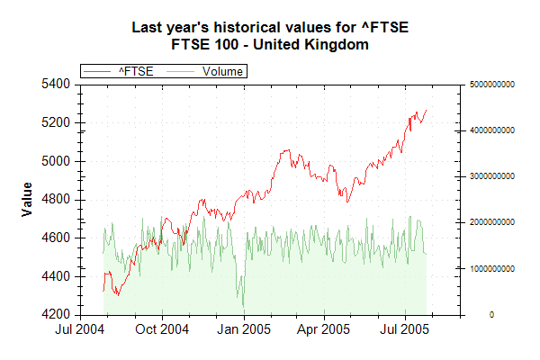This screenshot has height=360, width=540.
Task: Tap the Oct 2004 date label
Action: (162, 329)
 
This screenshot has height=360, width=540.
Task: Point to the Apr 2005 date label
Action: (323, 329)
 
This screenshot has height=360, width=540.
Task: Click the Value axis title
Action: (27, 199)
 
